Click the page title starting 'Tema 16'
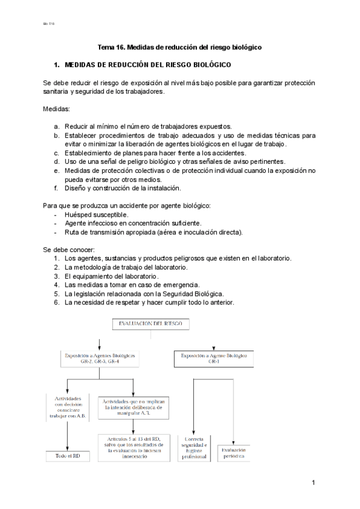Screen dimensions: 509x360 [180, 47]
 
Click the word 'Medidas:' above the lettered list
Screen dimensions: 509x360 [57, 109]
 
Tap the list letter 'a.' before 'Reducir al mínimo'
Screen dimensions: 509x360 [56, 127]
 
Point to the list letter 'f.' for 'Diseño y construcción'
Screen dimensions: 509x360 [56, 188]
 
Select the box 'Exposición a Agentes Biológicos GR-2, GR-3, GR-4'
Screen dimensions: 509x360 [100, 359]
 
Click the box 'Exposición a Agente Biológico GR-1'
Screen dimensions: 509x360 [214, 359]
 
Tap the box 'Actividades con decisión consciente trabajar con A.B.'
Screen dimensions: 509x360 [67, 408]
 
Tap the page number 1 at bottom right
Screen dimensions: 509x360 [313, 483]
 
